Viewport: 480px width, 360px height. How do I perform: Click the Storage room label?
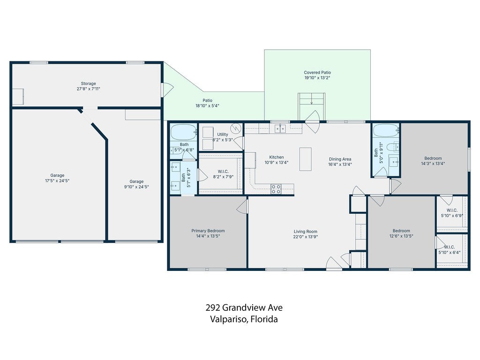tap(89, 83)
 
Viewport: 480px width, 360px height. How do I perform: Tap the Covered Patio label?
tap(317, 73)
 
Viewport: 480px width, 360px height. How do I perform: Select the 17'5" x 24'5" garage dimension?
tap(57, 180)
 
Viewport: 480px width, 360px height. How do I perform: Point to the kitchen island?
tap(305, 159)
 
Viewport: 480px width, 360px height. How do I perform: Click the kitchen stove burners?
tap(276, 189)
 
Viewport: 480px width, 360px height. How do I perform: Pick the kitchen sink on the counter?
tap(280, 128)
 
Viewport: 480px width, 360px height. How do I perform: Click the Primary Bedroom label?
tap(208, 231)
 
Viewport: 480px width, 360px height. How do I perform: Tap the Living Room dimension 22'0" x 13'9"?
tap(306, 237)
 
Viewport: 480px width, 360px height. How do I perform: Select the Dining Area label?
tap(340, 159)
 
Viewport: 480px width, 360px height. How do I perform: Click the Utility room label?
tap(223, 135)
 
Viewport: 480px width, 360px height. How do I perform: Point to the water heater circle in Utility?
tap(236, 128)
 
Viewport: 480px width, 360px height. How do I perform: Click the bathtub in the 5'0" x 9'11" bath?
tap(386, 131)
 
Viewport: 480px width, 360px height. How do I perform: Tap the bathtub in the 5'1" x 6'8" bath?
tap(183, 132)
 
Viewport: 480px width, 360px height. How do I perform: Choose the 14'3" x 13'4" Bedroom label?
tap(433, 158)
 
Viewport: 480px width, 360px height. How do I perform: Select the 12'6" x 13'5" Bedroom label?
tap(401, 231)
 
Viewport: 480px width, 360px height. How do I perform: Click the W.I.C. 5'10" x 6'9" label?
tap(452, 210)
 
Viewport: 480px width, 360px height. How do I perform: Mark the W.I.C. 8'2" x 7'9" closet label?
tap(223, 172)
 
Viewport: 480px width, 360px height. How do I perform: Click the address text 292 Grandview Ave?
tap(244, 307)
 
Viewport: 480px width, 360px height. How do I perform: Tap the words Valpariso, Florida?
tap(244, 319)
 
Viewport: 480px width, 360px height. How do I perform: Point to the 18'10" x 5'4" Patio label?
tap(208, 100)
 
